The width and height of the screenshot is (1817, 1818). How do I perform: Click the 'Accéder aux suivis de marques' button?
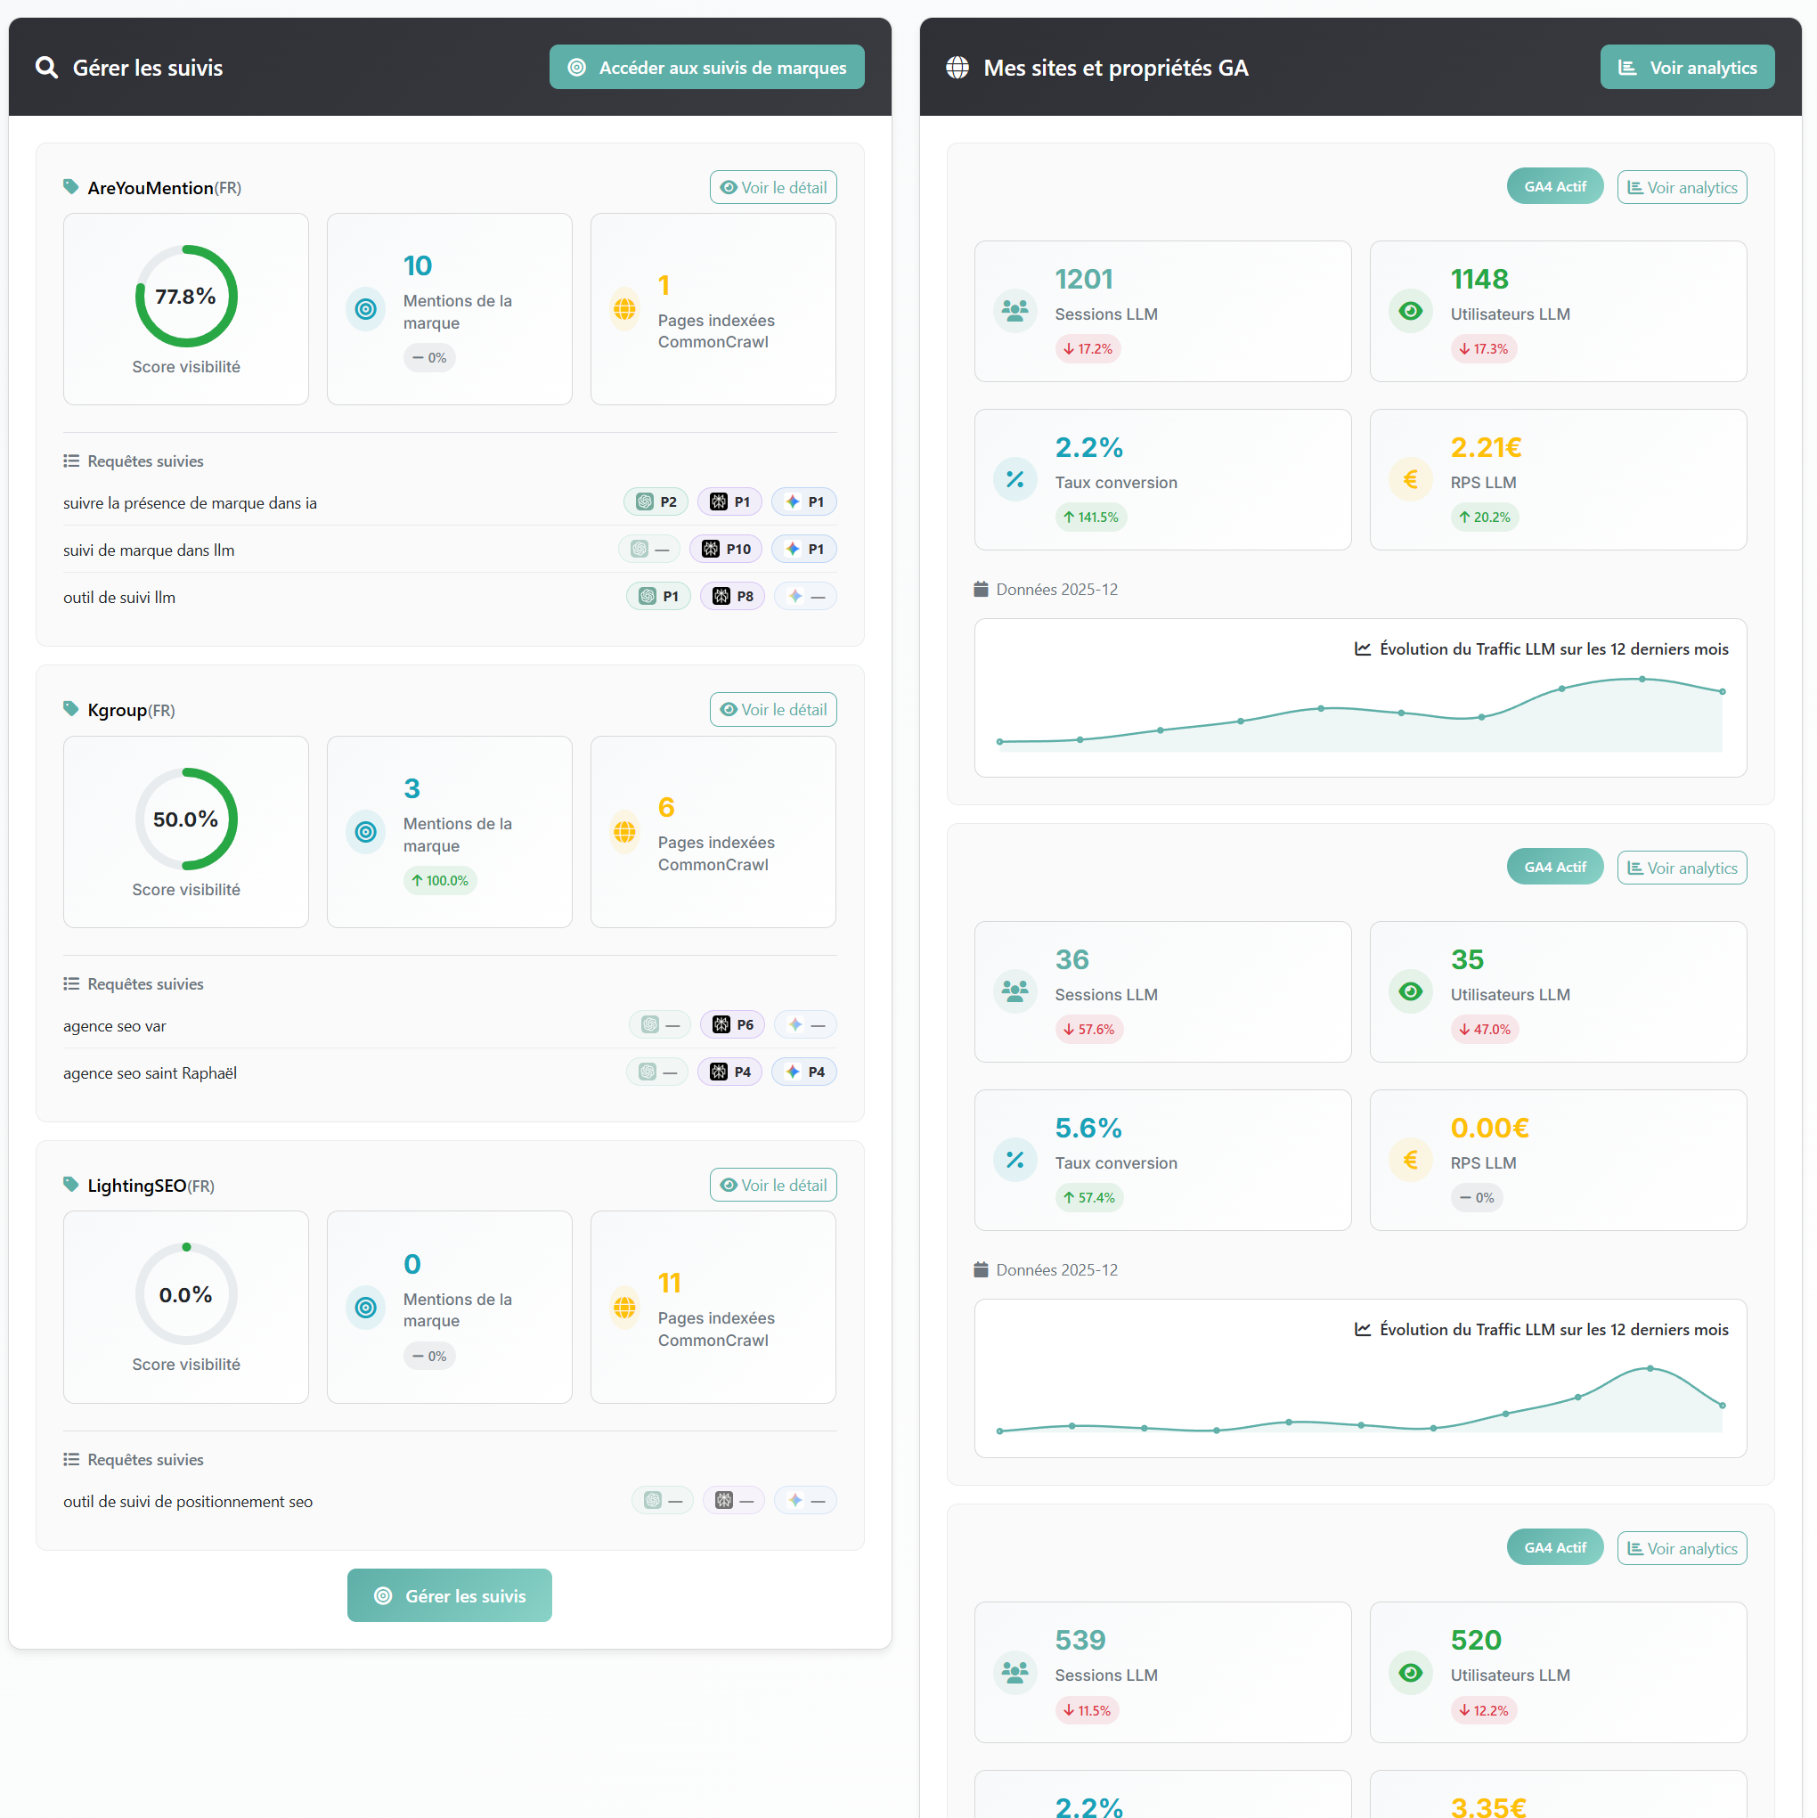click(706, 68)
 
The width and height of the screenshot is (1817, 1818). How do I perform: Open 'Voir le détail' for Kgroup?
click(772, 710)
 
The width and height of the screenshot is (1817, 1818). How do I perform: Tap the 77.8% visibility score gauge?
click(186, 297)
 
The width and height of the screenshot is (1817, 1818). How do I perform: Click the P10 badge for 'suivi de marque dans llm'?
click(727, 549)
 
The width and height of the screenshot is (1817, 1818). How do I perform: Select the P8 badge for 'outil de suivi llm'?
click(732, 596)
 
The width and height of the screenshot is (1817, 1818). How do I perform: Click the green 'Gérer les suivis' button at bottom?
click(450, 1595)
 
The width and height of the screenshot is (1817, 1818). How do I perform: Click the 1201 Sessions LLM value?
click(1083, 280)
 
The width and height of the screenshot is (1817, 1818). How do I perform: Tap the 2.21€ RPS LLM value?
click(1485, 448)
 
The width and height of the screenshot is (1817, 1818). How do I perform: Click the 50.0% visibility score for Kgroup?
click(186, 819)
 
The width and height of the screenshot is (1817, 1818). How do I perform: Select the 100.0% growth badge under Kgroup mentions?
click(439, 880)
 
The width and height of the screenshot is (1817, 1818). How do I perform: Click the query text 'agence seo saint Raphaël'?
click(151, 1072)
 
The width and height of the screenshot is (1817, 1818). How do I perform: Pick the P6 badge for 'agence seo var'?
click(732, 1024)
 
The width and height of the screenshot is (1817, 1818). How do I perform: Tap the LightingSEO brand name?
click(137, 1186)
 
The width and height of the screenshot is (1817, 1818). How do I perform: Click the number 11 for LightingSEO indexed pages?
click(669, 1283)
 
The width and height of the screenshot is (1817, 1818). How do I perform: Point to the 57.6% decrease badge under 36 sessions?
click(1088, 1029)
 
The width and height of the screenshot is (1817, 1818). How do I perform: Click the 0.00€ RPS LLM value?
click(1488, 1128)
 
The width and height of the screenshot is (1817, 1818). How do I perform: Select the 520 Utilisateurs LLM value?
click(1476, 1640)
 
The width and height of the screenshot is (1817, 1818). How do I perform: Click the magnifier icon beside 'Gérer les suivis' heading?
click(46, 68)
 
